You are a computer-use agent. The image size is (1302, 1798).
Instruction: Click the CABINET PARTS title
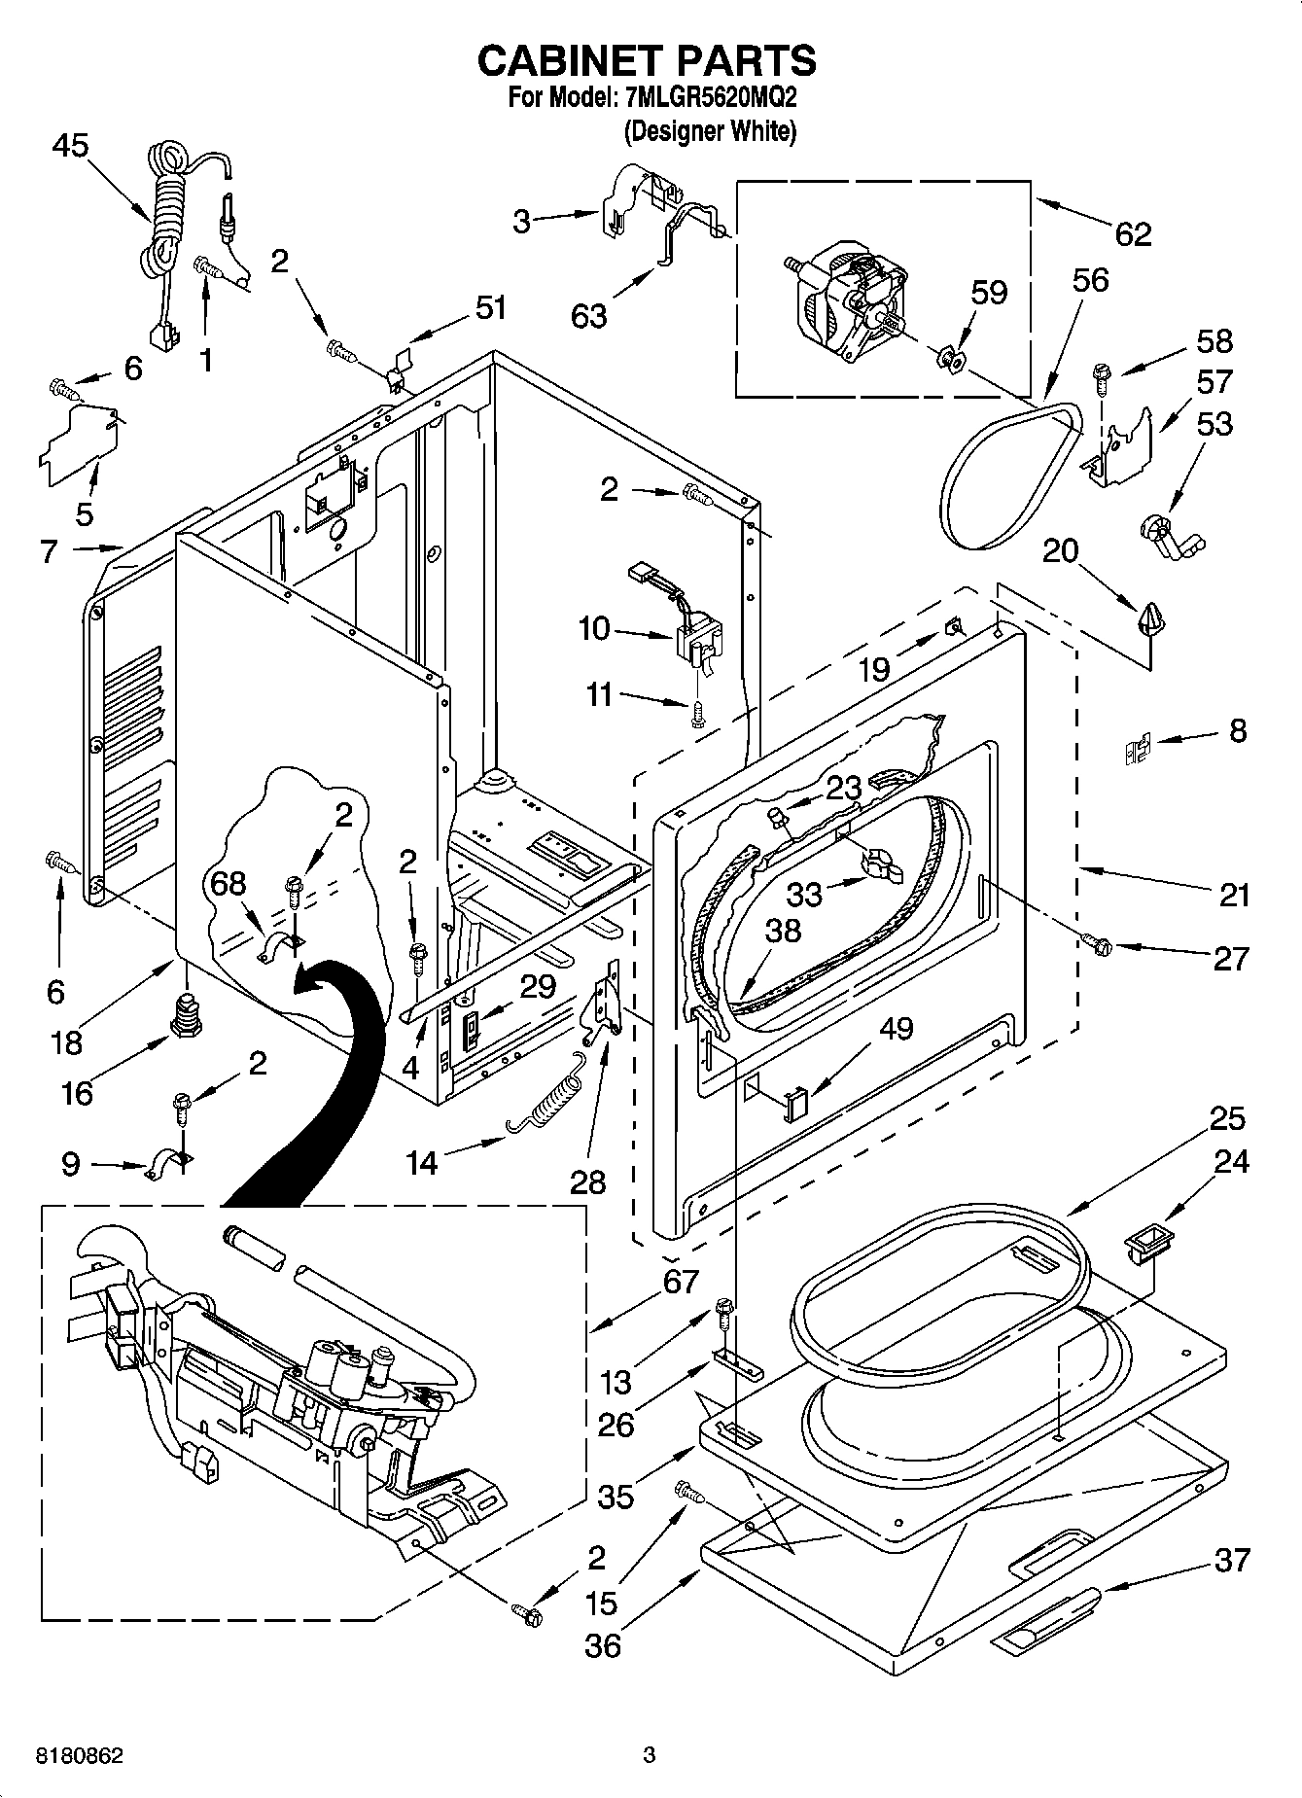point(647,60)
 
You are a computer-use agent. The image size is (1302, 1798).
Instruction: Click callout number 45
point(70,146)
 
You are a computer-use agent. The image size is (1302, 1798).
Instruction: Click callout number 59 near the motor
point(990,293)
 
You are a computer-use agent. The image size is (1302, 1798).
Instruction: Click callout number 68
point(229,884)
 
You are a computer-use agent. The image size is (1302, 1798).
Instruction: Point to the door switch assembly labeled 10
point(698,642)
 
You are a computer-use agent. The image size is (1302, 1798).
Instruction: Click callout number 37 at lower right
point(1231,1560)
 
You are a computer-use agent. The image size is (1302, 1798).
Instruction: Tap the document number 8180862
point(80,1755)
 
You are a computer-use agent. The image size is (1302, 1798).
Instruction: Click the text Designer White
point(710,131)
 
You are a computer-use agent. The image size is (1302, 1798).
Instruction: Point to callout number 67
point(681,1281)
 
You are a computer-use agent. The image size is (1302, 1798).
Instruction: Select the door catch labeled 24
point(1148,1242)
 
